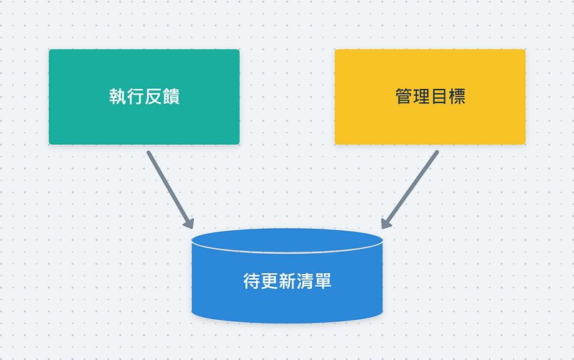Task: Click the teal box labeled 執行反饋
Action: [144, 97]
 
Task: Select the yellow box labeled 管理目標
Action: [430, 97]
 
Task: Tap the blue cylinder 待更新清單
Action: [287, 276]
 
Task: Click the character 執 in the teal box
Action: [118, 97]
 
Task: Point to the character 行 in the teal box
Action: [136, 97]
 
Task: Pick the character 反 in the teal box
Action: [153, 97]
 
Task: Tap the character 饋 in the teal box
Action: [171, 97]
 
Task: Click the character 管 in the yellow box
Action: [404, 97]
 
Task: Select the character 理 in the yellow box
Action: [421, 97]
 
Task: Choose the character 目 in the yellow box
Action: [439, 97]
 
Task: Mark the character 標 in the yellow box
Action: [457, 97]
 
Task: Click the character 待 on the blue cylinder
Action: [252, 281]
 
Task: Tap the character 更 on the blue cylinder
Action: [270, 281]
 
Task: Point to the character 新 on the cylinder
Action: [288, 281]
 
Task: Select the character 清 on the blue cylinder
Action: [305, 281]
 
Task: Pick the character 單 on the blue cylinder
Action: [323, 281]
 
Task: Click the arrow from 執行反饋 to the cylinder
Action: [170, 190]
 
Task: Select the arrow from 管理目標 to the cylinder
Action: [410, 189]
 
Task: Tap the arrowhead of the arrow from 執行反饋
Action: [189, 223]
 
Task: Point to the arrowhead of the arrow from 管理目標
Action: [385, 223]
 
